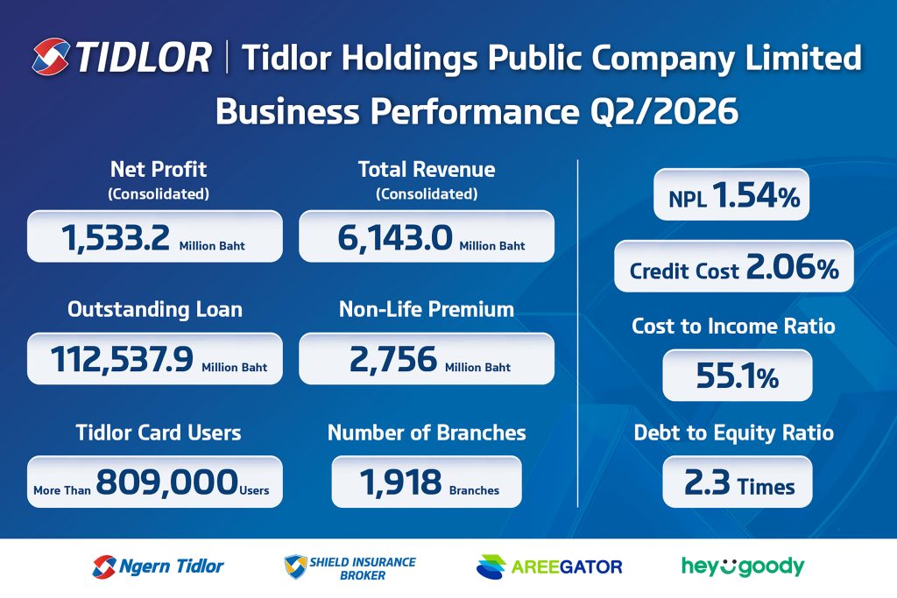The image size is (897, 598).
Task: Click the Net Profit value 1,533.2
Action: point(116,238)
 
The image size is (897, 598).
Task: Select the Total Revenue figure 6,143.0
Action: point(395,238)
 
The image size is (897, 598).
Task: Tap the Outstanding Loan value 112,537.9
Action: point(122,360)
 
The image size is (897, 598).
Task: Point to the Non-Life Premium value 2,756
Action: point(393,360)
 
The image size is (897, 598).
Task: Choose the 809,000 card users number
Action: point(166,482)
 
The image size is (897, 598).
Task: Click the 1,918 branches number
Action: point(400,482)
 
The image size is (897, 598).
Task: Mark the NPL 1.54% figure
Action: point(756,195)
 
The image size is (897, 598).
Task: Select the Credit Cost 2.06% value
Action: point(792,267)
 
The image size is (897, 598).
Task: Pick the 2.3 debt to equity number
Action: point(707,482)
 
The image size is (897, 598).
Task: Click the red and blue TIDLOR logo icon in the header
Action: point(51,57)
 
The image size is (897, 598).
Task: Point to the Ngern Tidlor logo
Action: point(158,566)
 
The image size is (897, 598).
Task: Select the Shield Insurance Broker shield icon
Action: point(296,566)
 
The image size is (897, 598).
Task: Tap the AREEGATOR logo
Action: point(549,566)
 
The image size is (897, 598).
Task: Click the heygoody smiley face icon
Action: point(727,566)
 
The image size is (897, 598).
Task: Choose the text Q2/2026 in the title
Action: point(664,111)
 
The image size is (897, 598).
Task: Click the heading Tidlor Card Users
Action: point(159,433)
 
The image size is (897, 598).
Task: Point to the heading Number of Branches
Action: point(427,433)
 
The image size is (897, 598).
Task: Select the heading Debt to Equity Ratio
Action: point(734,433)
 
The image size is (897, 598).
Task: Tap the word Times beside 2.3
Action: point(766,487)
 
